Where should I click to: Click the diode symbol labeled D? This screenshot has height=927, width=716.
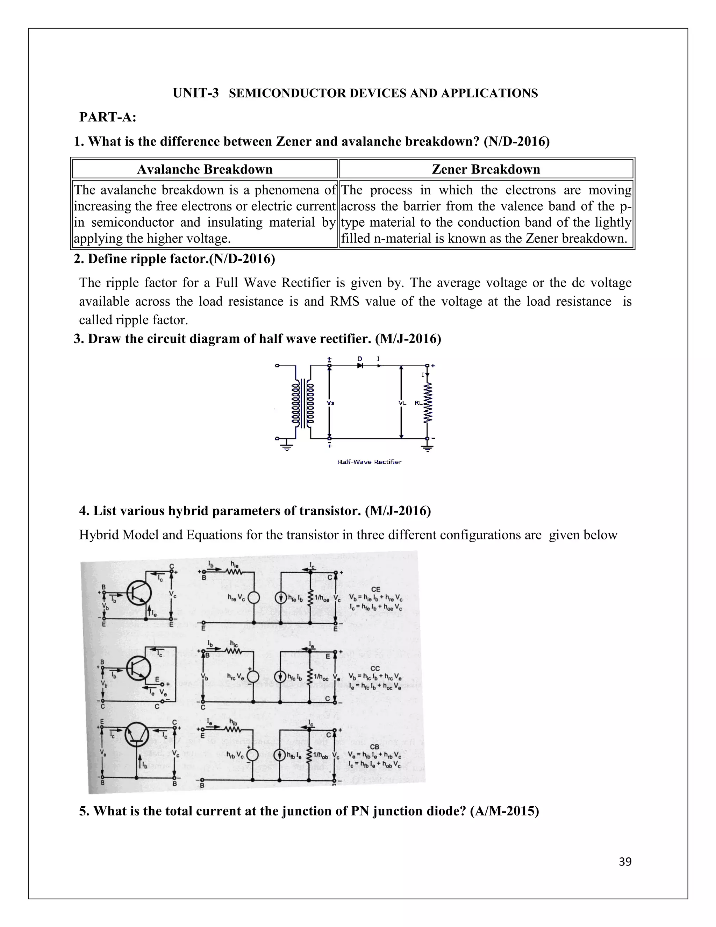pos(360,365)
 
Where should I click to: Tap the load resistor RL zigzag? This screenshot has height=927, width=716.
pos(428,402)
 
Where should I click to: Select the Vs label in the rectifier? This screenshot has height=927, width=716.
pos(330,403)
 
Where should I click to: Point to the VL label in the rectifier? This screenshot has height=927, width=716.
pos(402,403)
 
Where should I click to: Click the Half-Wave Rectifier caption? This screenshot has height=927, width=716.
pos(369,462)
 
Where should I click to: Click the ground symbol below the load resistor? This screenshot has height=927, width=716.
pos(428,447)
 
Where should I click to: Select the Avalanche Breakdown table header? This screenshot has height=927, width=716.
pos(205,169)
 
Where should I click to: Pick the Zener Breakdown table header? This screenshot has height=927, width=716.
pos(486,169)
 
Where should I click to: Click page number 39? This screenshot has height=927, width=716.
pos(625,862)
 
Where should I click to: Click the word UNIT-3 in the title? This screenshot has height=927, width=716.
pos(195,93)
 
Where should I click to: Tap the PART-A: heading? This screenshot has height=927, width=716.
pos(108,117)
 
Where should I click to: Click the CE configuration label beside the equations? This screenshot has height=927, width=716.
pos(375,589)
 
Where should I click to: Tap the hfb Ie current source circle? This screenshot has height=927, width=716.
pos(280,755)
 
